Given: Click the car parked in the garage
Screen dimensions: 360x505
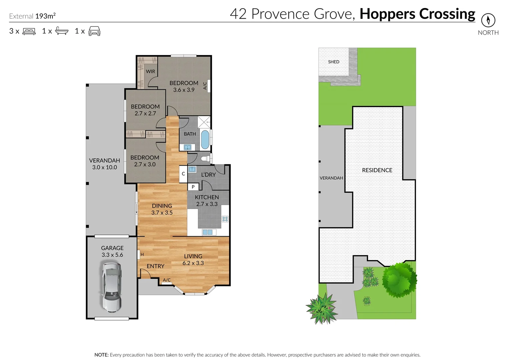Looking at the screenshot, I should [x=111, y=287].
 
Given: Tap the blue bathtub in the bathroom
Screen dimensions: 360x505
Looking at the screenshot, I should [x=205, y=140].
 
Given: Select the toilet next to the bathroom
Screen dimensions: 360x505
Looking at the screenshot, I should [x=206, y=158].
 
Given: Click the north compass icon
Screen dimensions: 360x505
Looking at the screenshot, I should [x=488, y=20].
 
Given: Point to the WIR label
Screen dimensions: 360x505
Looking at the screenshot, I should [x=150, y=71].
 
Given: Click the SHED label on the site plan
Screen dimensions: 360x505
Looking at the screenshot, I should [x=334, y=62].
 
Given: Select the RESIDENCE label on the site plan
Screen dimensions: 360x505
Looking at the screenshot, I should [x=377, y=170].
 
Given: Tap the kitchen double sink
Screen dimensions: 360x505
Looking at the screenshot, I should [x=207, y=232].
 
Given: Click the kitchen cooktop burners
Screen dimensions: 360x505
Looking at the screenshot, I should [x=225, y=219].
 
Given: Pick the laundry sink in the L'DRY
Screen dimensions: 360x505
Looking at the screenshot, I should [x=192, y=169].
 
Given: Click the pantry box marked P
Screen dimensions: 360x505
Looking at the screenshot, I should [x=193, y=187].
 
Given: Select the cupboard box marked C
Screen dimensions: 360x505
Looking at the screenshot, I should [x=183, y=174].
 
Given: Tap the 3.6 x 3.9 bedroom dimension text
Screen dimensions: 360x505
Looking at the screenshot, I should [x=184, y=90].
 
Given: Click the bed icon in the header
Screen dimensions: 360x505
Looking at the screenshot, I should [x=29, y=31].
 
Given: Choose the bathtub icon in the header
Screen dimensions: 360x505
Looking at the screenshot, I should [x=62, y=31].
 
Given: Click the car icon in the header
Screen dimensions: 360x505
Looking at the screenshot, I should [x=94, y=31].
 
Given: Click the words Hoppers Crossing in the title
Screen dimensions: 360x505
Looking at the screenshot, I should [x=417, y=14].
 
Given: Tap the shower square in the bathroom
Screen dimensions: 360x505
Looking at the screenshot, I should [x=204, y=122].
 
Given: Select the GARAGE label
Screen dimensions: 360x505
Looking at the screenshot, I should [x=112, y=248].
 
